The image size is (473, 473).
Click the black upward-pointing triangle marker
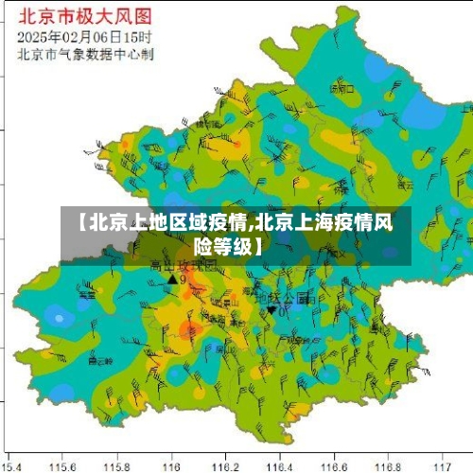coord(171,279)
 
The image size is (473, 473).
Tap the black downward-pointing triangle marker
coord(272,309)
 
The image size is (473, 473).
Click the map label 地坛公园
coord(288,297)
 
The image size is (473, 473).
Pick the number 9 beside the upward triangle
coord(183,280)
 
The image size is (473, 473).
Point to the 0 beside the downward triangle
coord(282,310)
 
